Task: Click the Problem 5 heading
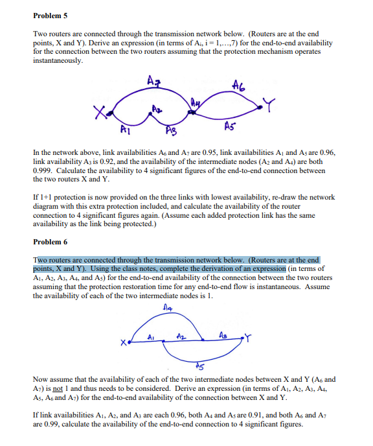click(49, 13)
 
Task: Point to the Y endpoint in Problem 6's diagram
click(246, 337)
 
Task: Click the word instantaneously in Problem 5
click(58, 61)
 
